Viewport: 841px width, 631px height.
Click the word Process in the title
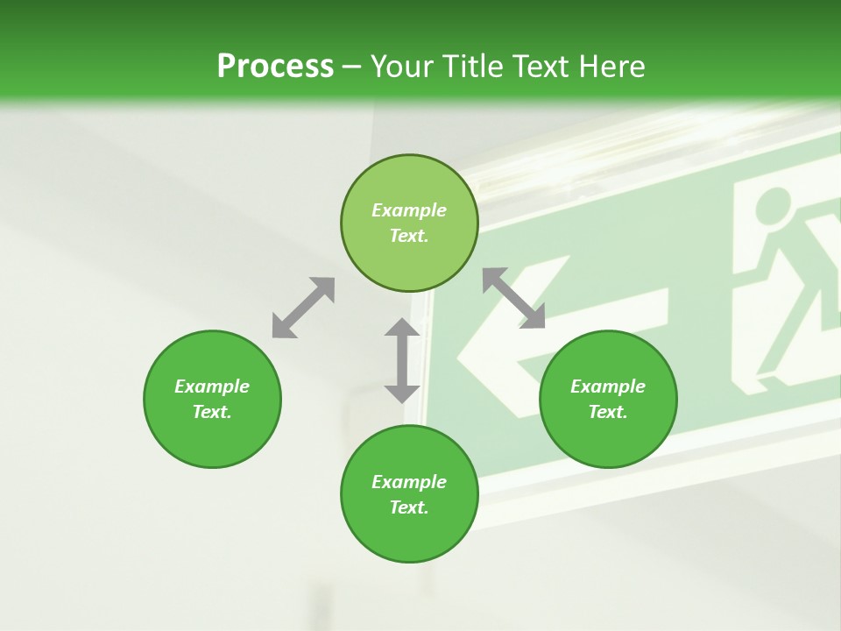[x=275, y=66]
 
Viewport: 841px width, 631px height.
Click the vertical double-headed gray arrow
[x=402, y=360]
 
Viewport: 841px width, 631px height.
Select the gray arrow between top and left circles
[x=303, y=308]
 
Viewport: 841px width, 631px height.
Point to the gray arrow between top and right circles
[x=514, y=299]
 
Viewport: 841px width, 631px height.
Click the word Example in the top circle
[x=409, y=210]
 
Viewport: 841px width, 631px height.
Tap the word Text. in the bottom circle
[x=409, y=507]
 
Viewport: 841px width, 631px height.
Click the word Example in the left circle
[x=212, y=386]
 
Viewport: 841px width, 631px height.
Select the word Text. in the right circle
[x=608, y=412]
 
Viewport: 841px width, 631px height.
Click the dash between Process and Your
[x=352, y=67]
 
